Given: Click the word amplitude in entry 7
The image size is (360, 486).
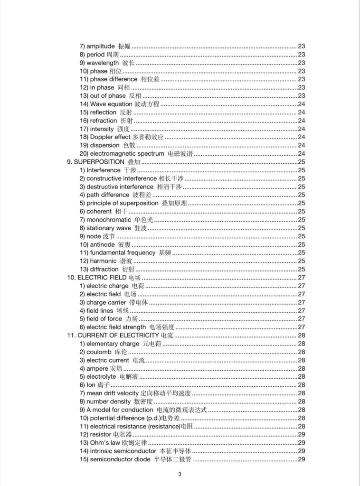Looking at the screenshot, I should pyautogui.click(x=101, y=46).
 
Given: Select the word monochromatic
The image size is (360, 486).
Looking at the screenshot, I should pyautogui.click(x=109, y=220).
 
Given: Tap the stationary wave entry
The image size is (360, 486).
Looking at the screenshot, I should pyautogui.click(x=113, y=228).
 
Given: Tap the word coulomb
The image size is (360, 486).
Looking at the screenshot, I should pyautogui.click(x=99, y=352).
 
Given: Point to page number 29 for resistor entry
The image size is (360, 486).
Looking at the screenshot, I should pyautogui.click(x=301, y=434).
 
